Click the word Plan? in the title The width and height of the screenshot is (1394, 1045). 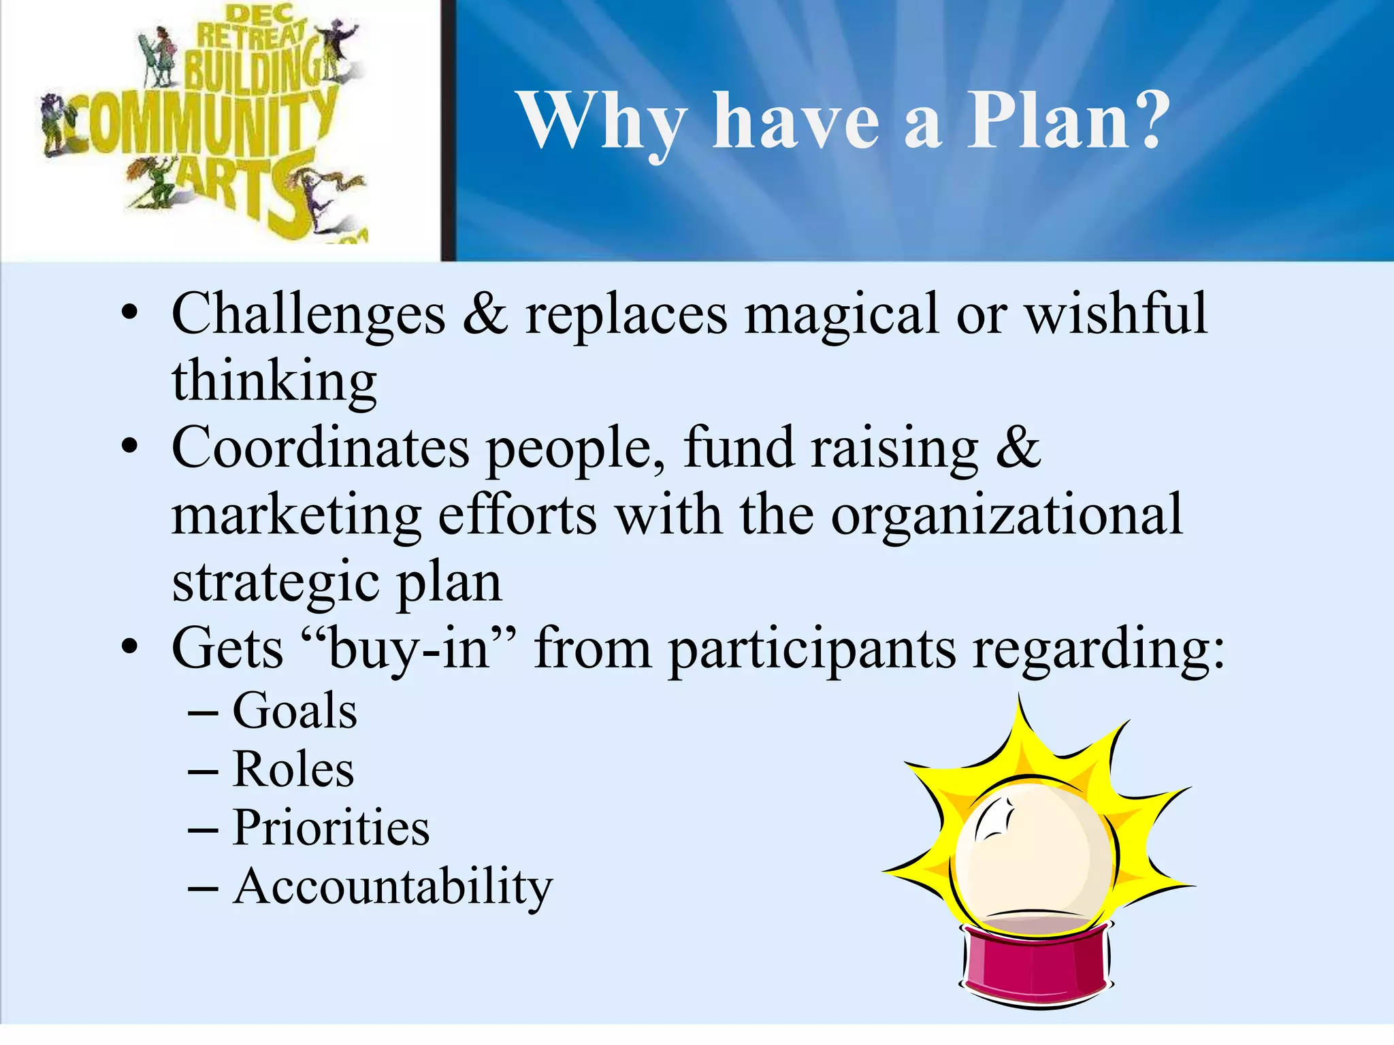1067,121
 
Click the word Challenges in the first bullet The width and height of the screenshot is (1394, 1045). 308,314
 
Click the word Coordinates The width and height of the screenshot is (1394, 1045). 321,448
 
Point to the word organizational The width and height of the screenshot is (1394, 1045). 1007,516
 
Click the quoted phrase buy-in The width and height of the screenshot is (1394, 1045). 408,648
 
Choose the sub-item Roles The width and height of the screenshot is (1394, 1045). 293,769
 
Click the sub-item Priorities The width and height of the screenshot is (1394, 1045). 331,828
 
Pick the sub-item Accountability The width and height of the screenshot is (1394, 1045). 393,887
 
